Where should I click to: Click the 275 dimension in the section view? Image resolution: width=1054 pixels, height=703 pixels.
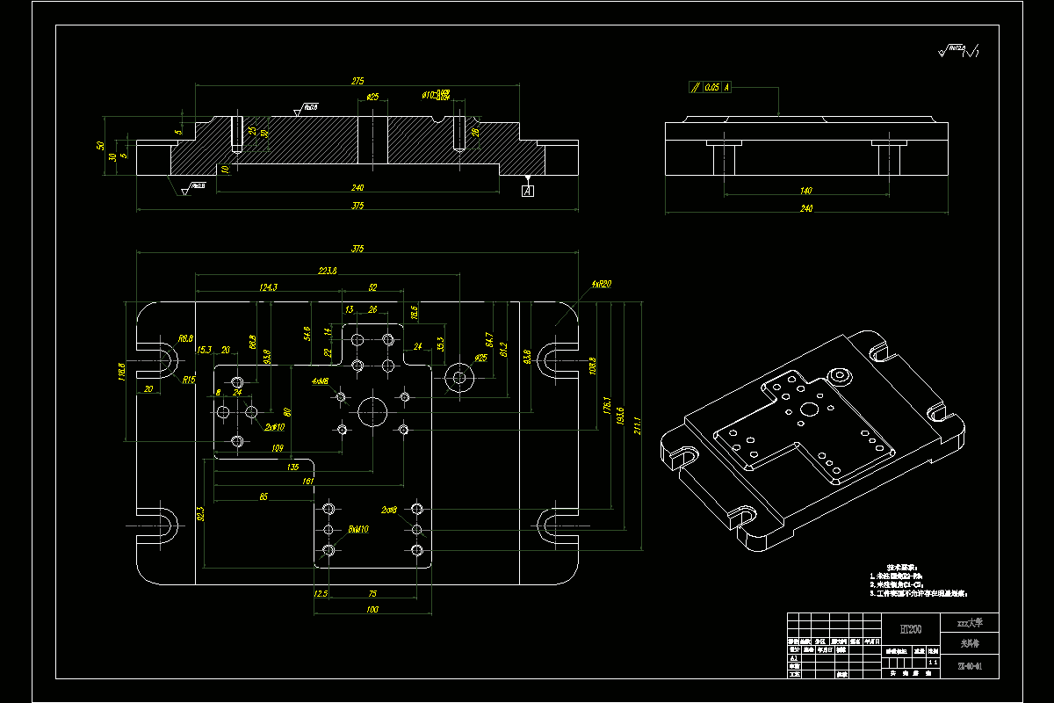(357, 81)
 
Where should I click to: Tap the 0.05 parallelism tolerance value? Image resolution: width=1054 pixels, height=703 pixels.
(711, 87)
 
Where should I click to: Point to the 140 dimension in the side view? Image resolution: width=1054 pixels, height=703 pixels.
(806, 190)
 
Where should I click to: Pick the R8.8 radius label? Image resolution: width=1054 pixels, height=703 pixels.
(185, 338)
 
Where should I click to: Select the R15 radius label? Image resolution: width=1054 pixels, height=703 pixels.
(190, 380)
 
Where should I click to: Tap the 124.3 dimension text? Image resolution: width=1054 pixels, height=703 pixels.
(268, 287)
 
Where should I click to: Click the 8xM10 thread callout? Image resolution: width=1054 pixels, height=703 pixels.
(358, 529)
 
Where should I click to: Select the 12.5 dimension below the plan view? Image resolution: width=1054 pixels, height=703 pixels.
(321, 594)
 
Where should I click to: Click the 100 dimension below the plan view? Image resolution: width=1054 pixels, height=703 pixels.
(372, 609)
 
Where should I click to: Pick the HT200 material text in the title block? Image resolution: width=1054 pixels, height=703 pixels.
(910, 629)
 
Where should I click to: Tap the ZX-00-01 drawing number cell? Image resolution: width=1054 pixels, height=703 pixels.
(970, 667)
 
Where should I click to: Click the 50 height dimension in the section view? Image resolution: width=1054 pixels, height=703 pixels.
(101, 146)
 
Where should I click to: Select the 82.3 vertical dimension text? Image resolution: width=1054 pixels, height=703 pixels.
(200, 512)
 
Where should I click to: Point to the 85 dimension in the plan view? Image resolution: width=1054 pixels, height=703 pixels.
(263, 496)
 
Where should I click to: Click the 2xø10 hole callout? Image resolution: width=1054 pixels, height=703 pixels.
(274, 427)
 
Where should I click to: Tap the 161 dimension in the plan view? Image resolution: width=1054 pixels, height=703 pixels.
(307, 482)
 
